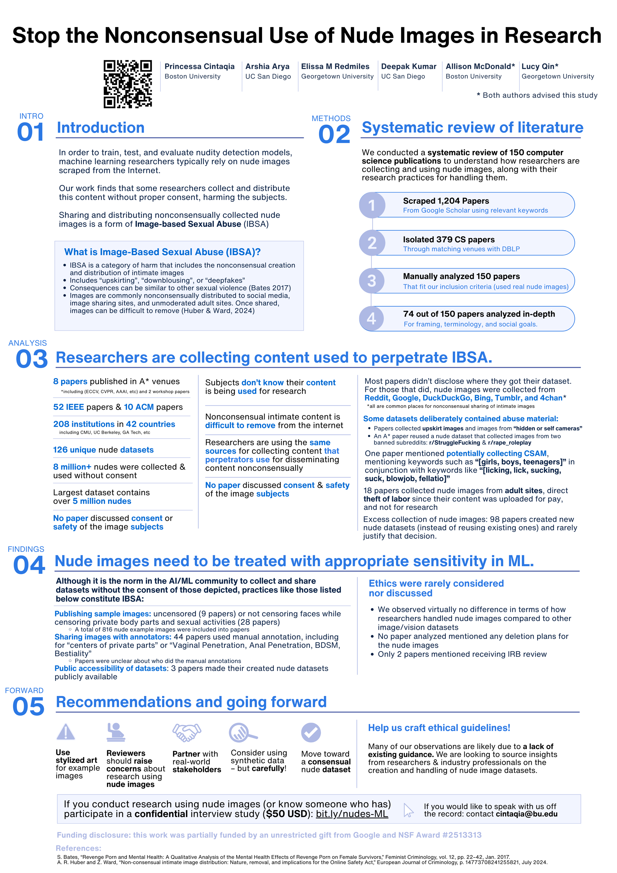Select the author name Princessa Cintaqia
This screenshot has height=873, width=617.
(x=200, y=67)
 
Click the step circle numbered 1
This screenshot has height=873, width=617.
(x=372, y=205)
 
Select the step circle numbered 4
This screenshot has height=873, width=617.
(x=372, y=318)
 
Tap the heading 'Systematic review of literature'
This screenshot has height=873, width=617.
(x=472, y=127)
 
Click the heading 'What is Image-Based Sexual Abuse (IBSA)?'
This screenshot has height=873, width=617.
(x=162, y=252)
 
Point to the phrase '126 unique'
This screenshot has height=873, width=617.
(x=75, y=450)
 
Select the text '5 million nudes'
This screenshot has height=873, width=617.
(x=102, y=501)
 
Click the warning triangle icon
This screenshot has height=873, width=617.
(x=66, y=732)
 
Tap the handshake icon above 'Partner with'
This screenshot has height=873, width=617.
(x=187, y=732)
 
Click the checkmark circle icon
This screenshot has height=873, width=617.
(x=311, y=733)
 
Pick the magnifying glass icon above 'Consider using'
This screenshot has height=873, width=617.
(x=242, y=732)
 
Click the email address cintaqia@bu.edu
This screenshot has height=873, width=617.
(x=526, y=814)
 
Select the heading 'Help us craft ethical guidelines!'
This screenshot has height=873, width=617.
(x=439, y=728)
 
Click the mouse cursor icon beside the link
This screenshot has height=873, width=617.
(x=408, y=810)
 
